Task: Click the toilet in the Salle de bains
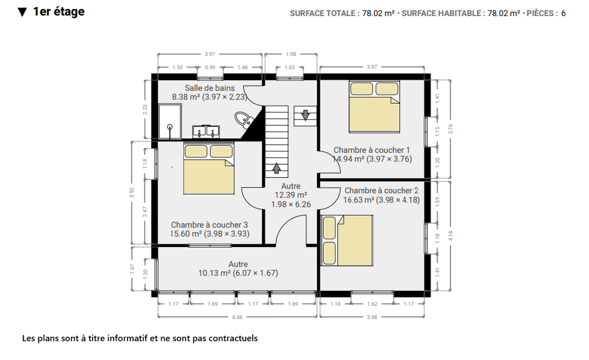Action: pyautogui.click(x=244, y=120)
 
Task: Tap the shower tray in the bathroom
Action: pyautogui.click(x=170, y=121)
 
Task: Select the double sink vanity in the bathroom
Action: pyautogui.click(x=206, y=132)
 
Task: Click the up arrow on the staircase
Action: pyautogui.click(x=276, y=168)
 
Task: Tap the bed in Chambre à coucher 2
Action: pyautogui.click(x=347, y=240)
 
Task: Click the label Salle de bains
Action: pyautogui.click(x=210, y=88)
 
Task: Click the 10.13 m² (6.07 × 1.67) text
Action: pyautogui.click(x=238, y=273)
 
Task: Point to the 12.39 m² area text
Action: pyautogui.click(x=291, y=195)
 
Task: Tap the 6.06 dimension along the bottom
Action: pyautogui.click(x=237, y=317)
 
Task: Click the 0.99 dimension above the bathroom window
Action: pyautogui.click(x=210, y=67)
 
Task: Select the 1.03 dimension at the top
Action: pyautogui.click(x=290, y=67)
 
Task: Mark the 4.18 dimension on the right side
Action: pyautogui.click(x=450, y=236)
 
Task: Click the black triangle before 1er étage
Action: pyautogui.click(x=22, y=12)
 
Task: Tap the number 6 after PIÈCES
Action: pyautogui.click(x=563, y=13)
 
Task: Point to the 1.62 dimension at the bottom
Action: pyautogui.click(x=372, y=304)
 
